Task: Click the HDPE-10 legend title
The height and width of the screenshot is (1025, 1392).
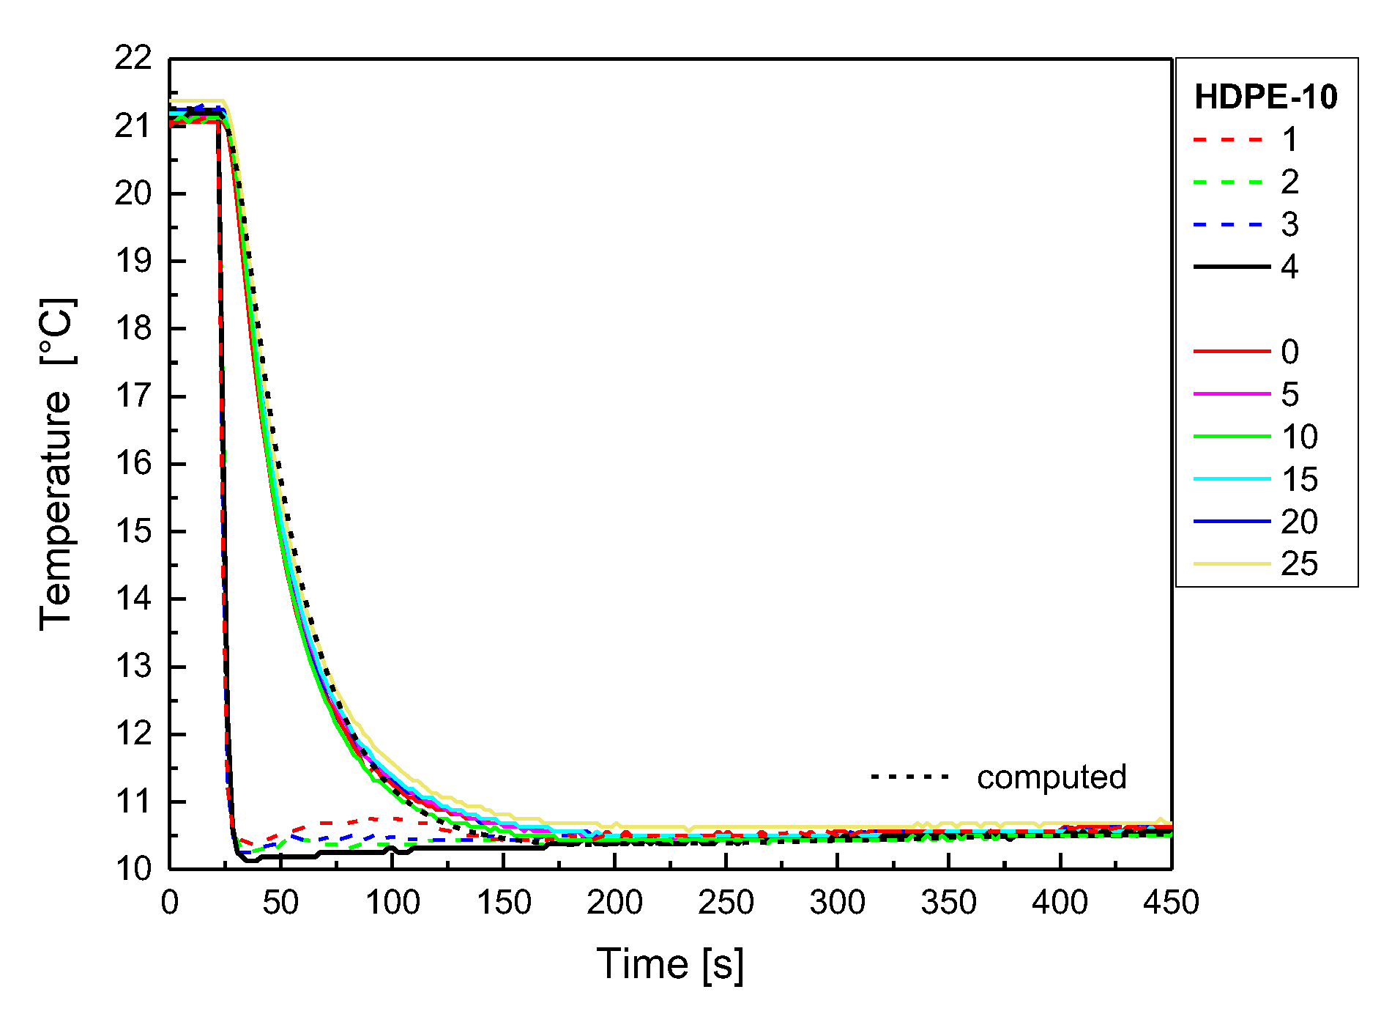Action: [x=1265, y=97]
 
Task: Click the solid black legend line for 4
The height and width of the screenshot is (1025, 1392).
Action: [x=1232, y=267]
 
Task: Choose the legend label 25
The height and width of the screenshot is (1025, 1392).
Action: [x=1299, y=564]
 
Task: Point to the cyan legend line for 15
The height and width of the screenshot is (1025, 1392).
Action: [x=1232, y=479]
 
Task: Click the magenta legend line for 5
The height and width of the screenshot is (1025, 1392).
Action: [x=1232, y=394]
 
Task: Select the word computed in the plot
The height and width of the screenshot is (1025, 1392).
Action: [x=1052, y=777]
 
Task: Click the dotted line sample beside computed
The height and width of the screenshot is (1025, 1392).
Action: [x=910, y=777]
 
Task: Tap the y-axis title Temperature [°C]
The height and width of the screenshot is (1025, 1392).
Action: [x=57, y=464]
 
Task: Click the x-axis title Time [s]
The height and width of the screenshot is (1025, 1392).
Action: [x=670, y=963]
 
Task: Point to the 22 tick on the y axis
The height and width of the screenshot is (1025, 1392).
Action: [x=133, y=59]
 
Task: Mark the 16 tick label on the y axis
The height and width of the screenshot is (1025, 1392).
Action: [x=133, y=464]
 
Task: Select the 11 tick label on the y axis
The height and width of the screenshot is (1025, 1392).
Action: [x=133, y=802]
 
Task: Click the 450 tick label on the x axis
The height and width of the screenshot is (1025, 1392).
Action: [x=1171, y=903]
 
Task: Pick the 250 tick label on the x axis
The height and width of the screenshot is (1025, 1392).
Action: [x=726, y=903]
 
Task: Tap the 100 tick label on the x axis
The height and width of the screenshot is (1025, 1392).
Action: [x=392, y=903]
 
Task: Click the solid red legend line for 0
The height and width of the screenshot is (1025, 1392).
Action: [x=1232, y=352]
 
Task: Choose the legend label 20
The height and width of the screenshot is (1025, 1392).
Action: [x=1299, y=522]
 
